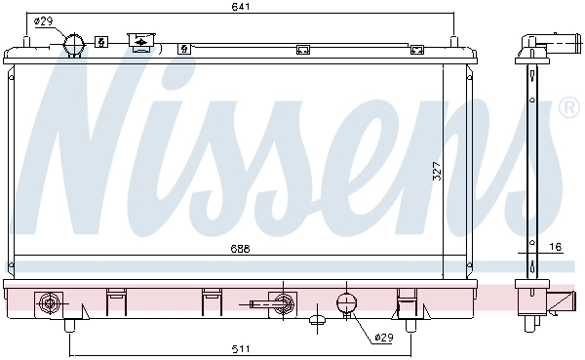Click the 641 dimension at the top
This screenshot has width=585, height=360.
(x=240, y=7)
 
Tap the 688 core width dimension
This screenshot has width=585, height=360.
(x=240, y=249)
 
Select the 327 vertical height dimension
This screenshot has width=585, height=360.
(x=437, y=172)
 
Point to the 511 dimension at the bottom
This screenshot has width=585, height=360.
(x=241, y=349)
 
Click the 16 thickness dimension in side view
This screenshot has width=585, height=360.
(x=556, y=247)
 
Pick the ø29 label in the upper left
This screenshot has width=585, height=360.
(x=44, y=21)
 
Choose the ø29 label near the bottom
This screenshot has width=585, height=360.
(x=384, y=338)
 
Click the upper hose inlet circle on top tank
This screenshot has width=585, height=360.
(x=74, y=44)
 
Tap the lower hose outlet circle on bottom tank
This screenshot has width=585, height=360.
(x=346, y=302)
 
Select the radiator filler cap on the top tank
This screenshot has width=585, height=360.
(x=141, y=40)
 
